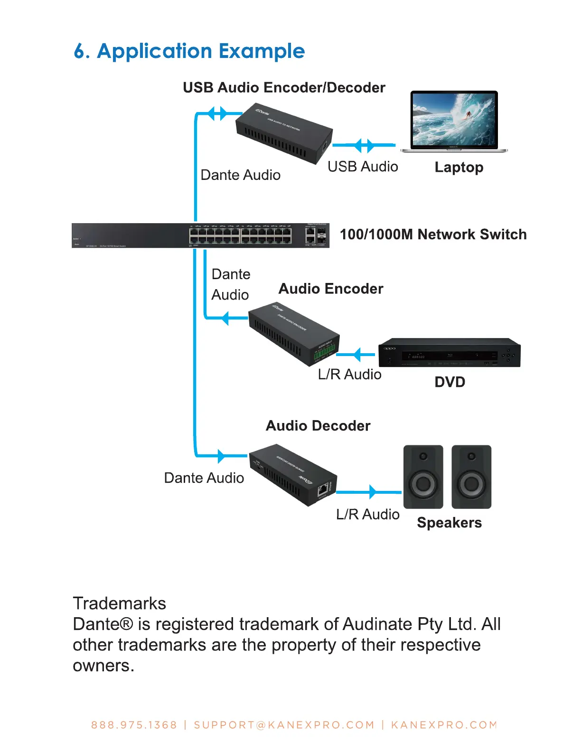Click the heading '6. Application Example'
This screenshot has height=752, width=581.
(189, 51)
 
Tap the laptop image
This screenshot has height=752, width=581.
(454, 122)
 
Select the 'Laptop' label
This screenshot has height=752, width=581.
(459, 168)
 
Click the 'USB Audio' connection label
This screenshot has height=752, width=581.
(363, 167)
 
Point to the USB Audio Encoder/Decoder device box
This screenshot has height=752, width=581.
(284, 134)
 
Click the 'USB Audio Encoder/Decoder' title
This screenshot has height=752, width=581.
(284, 88)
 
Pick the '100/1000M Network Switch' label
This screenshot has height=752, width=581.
(433, 235)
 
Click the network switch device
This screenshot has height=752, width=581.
(200, 235)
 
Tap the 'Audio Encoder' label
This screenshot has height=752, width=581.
(331, 289)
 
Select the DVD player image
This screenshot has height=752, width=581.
(449, 353)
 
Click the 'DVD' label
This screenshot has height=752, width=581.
(450, 382)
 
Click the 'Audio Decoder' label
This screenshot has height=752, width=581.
(318, 426)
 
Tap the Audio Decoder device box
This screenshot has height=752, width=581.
(293, 475)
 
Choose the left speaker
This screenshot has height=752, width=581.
(423, 477)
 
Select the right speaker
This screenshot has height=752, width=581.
(471, 477)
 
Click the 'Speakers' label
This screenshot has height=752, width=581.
(449, 523)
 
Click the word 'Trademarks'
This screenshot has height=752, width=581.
(120, 603)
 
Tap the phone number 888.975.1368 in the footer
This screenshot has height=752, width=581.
(134, 725)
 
